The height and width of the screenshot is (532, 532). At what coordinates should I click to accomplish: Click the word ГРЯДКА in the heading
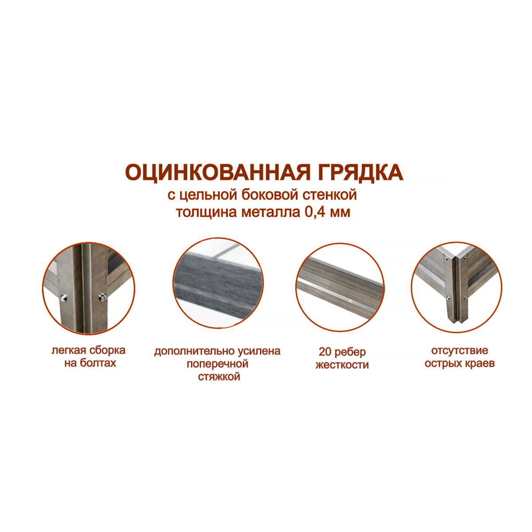[356, 173]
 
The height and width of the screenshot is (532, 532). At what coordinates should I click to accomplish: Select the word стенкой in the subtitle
[330, 195]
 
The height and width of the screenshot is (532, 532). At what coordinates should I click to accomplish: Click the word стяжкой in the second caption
[219, 376]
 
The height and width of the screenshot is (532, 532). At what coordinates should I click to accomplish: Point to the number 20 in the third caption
[325, 352]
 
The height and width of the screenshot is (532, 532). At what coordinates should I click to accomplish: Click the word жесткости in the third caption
[342, 365]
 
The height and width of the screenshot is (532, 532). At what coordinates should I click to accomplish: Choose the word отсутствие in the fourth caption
[459, 350]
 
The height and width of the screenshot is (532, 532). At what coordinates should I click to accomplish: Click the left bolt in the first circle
[64, 298]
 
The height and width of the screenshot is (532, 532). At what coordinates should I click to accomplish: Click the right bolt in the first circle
[103, 297]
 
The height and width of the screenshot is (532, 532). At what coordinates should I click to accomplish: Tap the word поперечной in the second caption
[218, 364]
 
